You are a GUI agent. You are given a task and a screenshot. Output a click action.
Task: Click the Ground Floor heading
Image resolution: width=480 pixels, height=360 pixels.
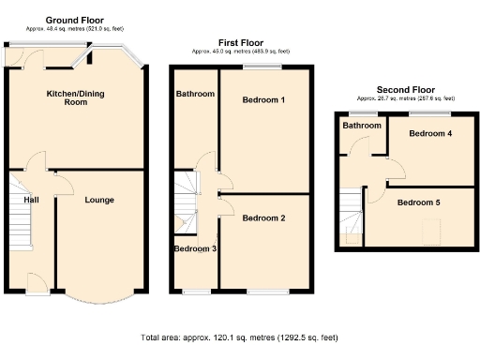click(74, 20)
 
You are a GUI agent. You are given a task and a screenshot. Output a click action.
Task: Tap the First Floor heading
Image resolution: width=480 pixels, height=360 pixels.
click(241, 42)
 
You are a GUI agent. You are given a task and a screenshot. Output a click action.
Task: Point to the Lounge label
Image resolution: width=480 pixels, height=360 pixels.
click(99, 200)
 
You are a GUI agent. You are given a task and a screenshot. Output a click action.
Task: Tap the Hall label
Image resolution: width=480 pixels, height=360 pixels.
click(31, 200)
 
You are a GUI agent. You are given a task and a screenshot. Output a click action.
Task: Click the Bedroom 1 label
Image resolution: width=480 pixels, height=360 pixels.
click(263, 99)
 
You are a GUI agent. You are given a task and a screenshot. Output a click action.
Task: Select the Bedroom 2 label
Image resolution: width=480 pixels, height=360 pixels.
click(263, 218)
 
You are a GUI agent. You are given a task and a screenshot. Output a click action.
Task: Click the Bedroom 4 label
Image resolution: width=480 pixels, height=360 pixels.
click(430, 134)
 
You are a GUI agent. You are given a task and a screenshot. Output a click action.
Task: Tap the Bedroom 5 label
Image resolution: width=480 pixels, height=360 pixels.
click(418, 202)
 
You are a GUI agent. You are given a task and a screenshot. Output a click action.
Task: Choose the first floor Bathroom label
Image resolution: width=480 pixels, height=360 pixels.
click(195, 94)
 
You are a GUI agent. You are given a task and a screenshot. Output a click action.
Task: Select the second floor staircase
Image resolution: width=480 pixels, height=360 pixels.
click(352, 214)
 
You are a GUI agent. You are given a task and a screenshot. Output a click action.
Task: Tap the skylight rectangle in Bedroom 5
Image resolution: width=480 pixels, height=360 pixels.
click(432, 229)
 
